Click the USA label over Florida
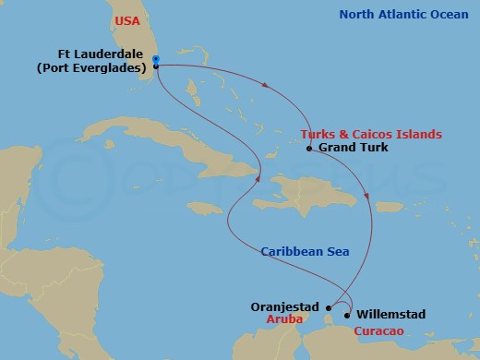pos(128,19)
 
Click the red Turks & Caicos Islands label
pos(366,134)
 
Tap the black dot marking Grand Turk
pos(308,148)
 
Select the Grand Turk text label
pos(349,148)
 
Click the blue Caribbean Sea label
pos(305,251)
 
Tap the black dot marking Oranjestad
pos(327,308)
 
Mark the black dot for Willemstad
pos(347,314)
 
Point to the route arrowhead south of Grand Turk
pos(368,197)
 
